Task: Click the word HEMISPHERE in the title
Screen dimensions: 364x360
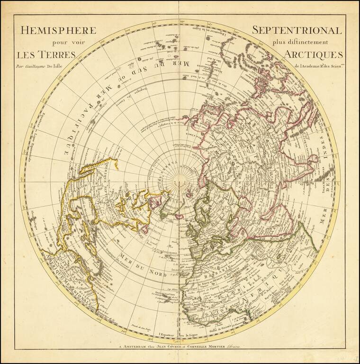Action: tap(58, 30)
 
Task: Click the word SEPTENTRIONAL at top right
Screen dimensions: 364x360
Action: tap(296, 30)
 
